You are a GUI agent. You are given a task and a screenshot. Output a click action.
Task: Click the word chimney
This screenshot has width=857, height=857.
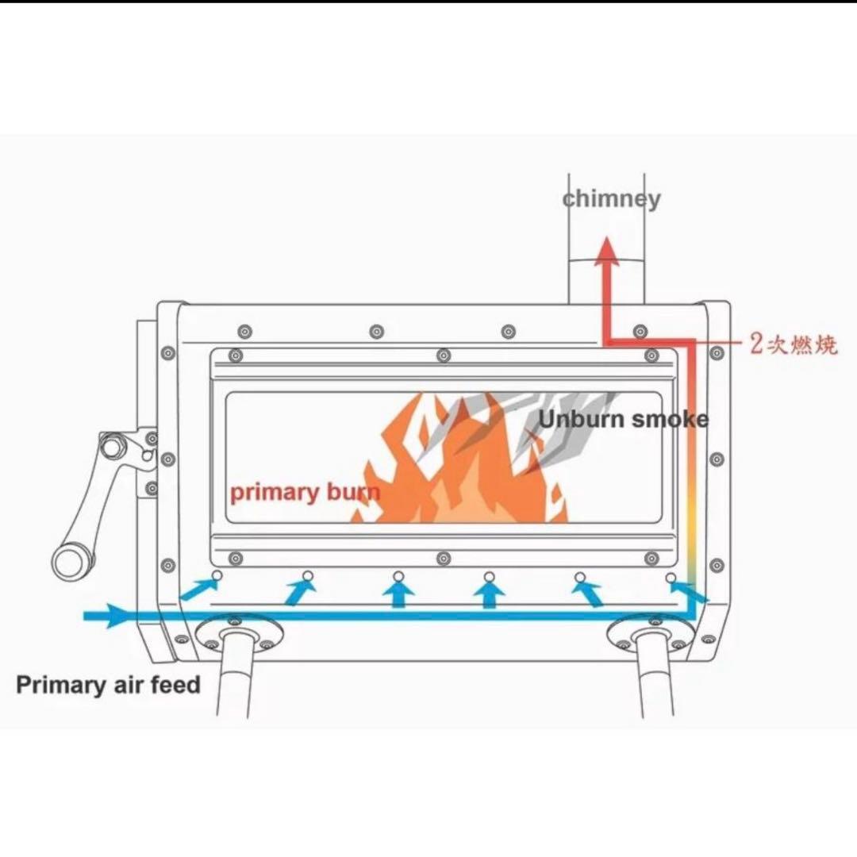611,199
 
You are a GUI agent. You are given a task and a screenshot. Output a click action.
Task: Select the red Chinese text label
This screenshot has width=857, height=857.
794,344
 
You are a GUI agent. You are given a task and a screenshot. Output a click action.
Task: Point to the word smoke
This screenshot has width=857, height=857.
670,419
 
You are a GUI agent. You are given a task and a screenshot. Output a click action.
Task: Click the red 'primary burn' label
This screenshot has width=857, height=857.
305,493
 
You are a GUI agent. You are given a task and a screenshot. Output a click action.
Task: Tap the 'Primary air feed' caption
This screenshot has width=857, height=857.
108,684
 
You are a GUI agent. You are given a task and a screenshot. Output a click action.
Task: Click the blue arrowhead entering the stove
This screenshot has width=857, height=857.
117,616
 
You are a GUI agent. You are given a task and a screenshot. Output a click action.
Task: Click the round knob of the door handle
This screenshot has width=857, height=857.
69,563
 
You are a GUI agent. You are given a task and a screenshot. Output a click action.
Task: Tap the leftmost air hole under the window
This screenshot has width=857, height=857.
217,575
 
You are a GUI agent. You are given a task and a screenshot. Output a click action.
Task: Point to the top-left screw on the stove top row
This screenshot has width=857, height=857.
245,331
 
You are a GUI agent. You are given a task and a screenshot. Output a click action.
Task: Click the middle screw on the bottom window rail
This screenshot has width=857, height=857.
444,559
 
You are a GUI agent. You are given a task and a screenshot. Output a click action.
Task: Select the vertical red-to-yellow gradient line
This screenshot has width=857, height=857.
691,464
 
